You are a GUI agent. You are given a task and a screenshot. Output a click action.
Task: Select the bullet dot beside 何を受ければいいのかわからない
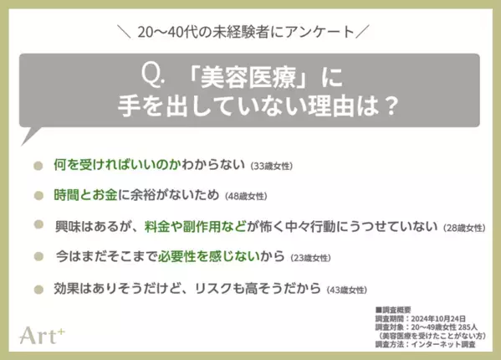[38, 165]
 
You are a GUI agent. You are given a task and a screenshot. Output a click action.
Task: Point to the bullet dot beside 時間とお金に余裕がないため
[38, 195]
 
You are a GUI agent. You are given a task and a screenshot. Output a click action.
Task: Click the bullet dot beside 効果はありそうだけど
[38, 289]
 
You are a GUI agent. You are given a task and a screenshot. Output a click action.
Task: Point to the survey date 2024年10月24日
[442, 318]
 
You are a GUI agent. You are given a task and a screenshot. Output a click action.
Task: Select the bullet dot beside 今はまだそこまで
[38, 257]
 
